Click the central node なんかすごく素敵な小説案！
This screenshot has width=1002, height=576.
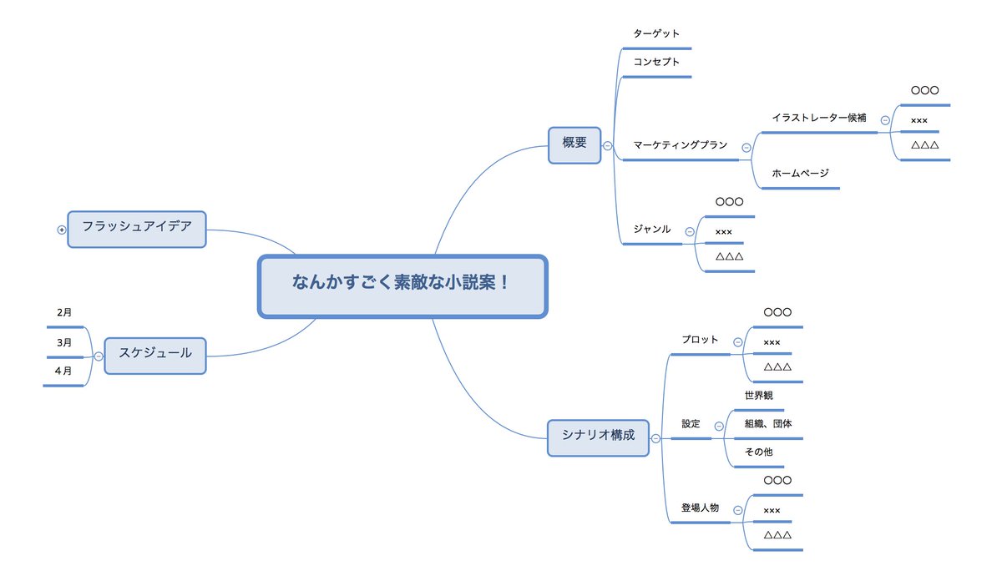tap(402, 286)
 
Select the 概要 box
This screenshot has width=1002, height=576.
tap(574, 144)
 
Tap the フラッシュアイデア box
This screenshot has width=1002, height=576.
tap(136, 229)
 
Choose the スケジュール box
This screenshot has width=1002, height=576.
tap(154, 355)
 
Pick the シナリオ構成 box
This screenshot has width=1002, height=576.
tap(598, 437)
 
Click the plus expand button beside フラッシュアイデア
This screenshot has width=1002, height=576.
tap(61, 230)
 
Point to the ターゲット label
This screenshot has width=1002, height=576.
tap(656, 34)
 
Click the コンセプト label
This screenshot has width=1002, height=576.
tap(656, 62)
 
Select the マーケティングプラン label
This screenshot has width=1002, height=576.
tap(680, 145)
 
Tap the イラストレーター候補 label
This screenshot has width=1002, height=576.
tap(819, 118)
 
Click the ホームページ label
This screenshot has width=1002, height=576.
tap(800, 173)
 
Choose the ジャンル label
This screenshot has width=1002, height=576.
tap(651, 229)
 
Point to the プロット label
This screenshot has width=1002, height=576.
tap(699, 340)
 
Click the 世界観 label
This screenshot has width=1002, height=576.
tap(759, 396)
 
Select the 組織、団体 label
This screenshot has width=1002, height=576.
tap(768, 424)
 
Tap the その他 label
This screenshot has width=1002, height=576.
tap(758, 452)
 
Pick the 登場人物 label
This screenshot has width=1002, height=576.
tap(700, 508)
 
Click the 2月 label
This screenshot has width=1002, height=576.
tap(64, 313)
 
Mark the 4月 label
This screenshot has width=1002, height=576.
tap(64, 371)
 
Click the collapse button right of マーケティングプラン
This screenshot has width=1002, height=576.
tap(746, 148)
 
